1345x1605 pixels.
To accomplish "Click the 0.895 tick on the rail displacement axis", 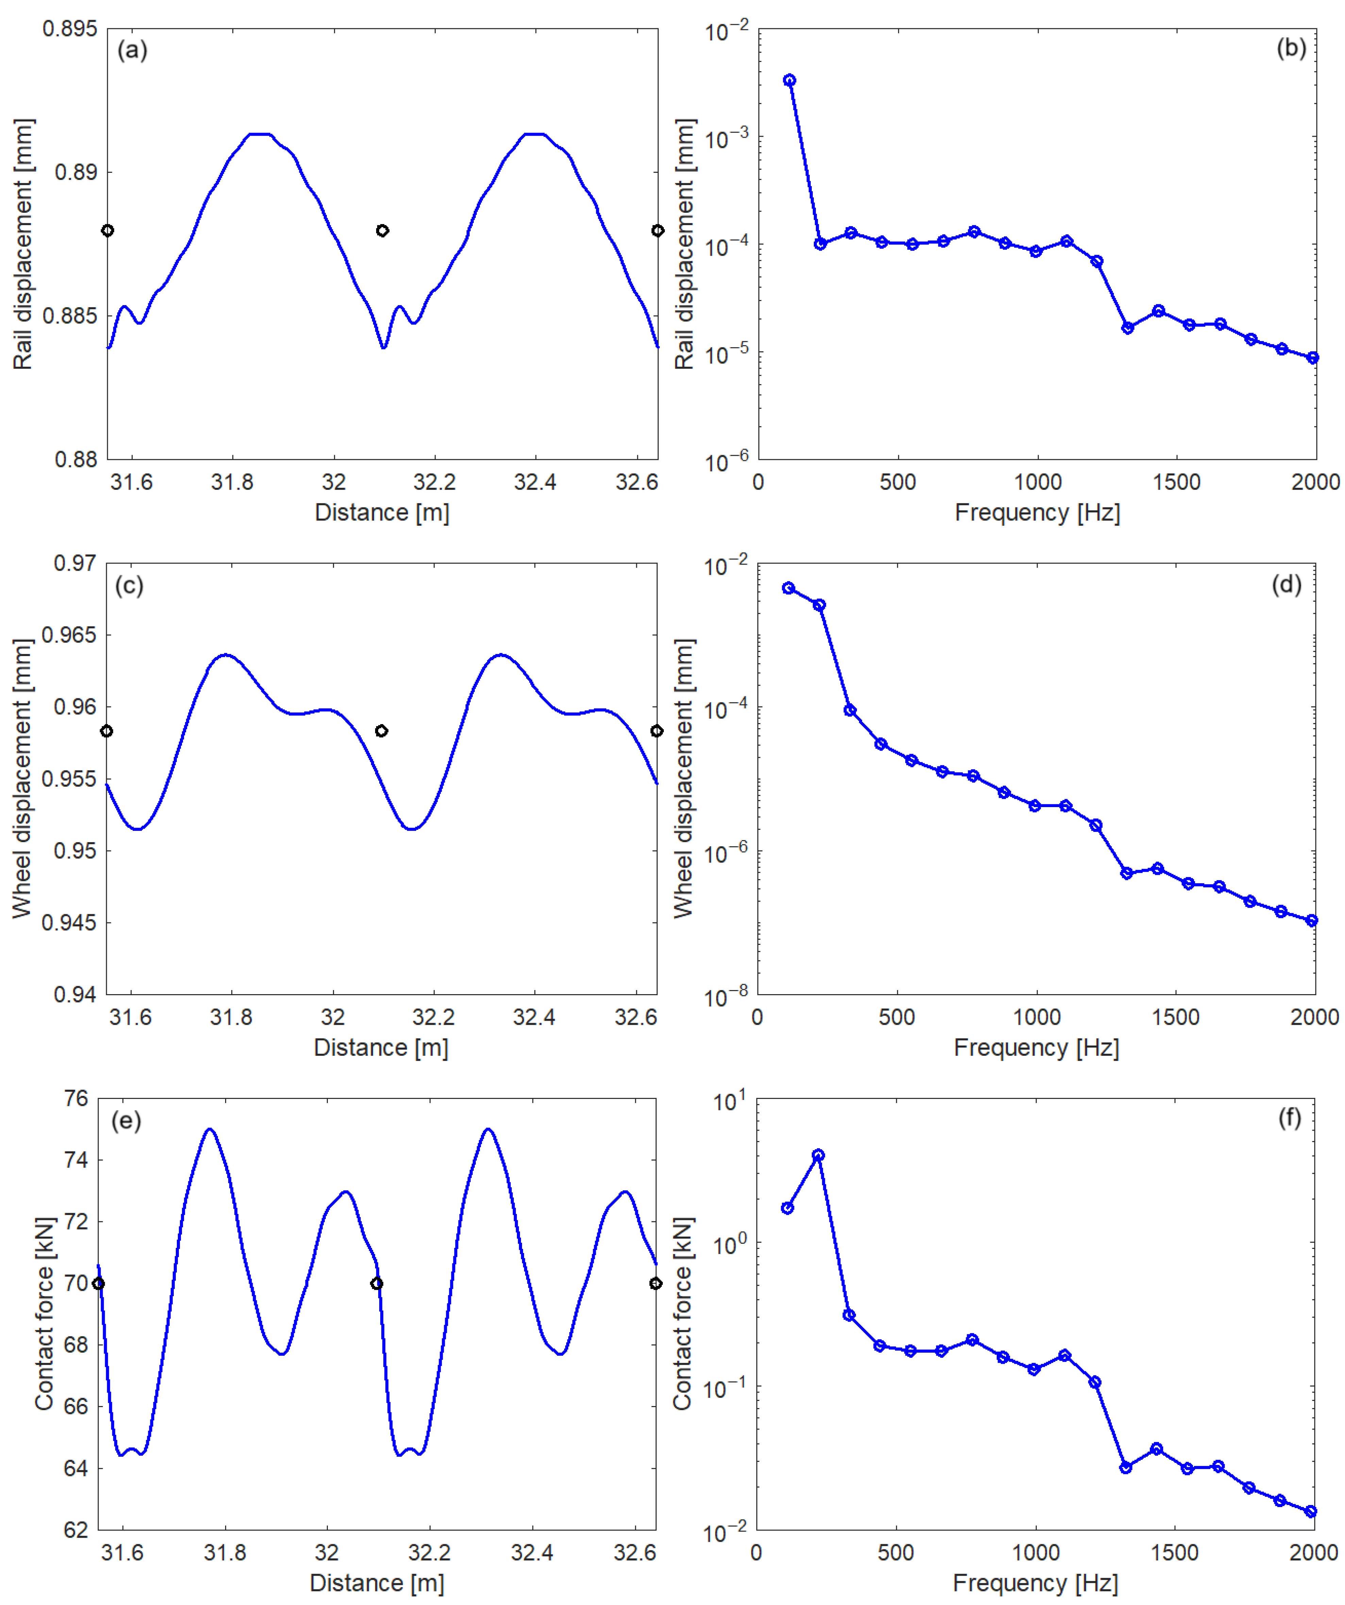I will tap(69, 29).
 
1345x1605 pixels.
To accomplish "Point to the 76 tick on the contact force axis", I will tap(75, 1099).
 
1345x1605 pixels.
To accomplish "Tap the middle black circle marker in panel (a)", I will tap(382, 230).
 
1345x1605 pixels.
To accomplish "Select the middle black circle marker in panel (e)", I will tap(376, 1283).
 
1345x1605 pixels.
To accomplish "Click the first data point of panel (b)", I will tap(789, 80).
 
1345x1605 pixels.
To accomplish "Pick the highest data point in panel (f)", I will tap(818, 1155).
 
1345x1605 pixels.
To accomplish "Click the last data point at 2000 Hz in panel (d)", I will tap(1311, 920).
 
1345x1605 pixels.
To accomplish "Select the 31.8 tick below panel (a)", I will tap(232, 482).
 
